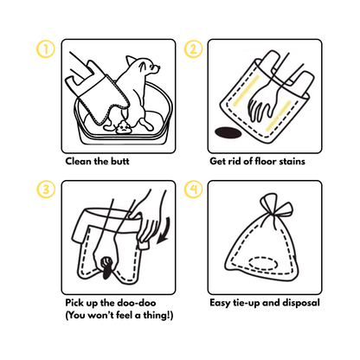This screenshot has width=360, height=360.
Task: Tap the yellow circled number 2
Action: [x=194, y=49]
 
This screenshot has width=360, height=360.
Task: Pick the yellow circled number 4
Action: [x=194, y=189]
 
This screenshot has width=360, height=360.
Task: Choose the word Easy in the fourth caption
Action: [x=222, y=303]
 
